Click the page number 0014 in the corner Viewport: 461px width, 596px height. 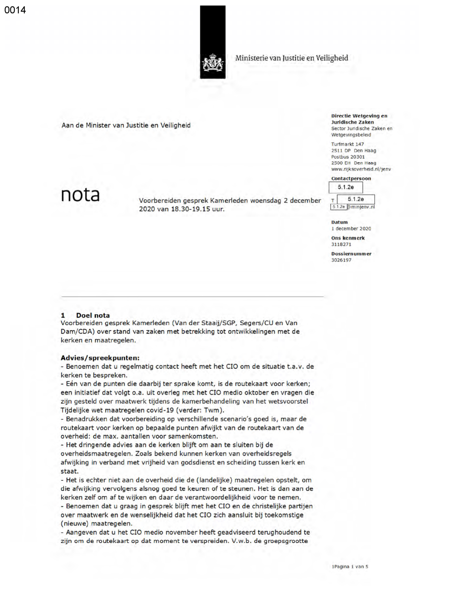pos(15,10)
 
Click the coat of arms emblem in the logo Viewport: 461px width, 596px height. pos(213,64)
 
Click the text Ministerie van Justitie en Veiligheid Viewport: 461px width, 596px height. pos(291,58)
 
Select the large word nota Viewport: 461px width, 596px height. pos(80,195)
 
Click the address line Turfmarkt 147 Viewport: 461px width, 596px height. pos(347,144)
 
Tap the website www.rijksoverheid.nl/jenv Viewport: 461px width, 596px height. pos(361,169)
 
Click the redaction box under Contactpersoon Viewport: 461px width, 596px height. pos(346,187)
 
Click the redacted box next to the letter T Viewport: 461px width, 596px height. pos(356,199)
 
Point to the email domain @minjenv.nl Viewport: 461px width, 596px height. pos(361,207)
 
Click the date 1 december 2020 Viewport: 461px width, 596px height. pos(351,229)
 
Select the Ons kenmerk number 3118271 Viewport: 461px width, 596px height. pos(341,245)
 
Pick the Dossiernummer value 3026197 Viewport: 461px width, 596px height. pos(341,260)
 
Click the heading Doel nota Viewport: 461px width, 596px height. pos(93,315)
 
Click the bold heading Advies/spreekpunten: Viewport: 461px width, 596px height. pos(100,358)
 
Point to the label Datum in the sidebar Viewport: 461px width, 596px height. pos(339,223)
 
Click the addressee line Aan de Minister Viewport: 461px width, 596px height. pos(126,125)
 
